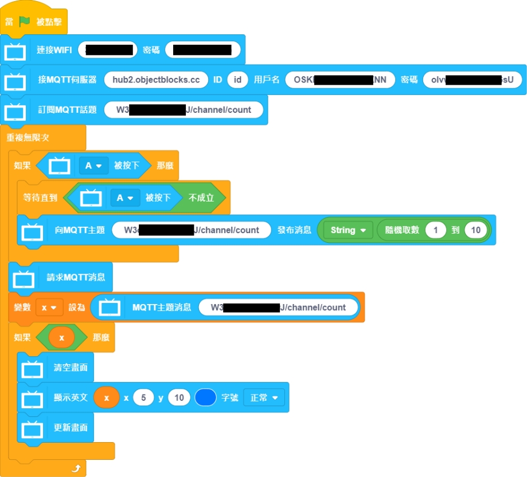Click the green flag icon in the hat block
pos(25,22)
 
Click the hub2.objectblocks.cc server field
pos(156,80)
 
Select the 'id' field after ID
pos(237,80)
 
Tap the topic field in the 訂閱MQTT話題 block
pos(184,109)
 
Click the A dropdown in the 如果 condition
pos(93,165)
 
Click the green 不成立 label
pos(201,198)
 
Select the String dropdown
pos(348,230)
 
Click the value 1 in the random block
pos(436,230)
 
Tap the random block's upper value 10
pos(476,230)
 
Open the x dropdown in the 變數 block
pos(49,308)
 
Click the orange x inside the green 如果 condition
pos(62,337)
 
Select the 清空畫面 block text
pos(71,368)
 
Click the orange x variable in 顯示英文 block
pos(106,397)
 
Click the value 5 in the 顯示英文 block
pos(143,397)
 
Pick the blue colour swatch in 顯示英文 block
pos(205,397)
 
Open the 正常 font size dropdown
pos(264,397)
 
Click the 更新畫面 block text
pos(71,428)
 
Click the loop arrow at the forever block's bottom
pos(76,469)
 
